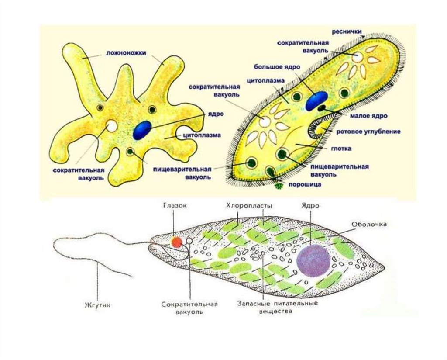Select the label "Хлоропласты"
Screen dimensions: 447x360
(x=250, y=205)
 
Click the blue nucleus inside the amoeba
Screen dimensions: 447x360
(x=142, y=130)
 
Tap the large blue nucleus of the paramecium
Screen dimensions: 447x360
(x=316, y=101)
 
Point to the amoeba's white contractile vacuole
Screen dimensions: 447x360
(x=112, y=126)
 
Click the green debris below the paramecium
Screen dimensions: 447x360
(x=279, y=187)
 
